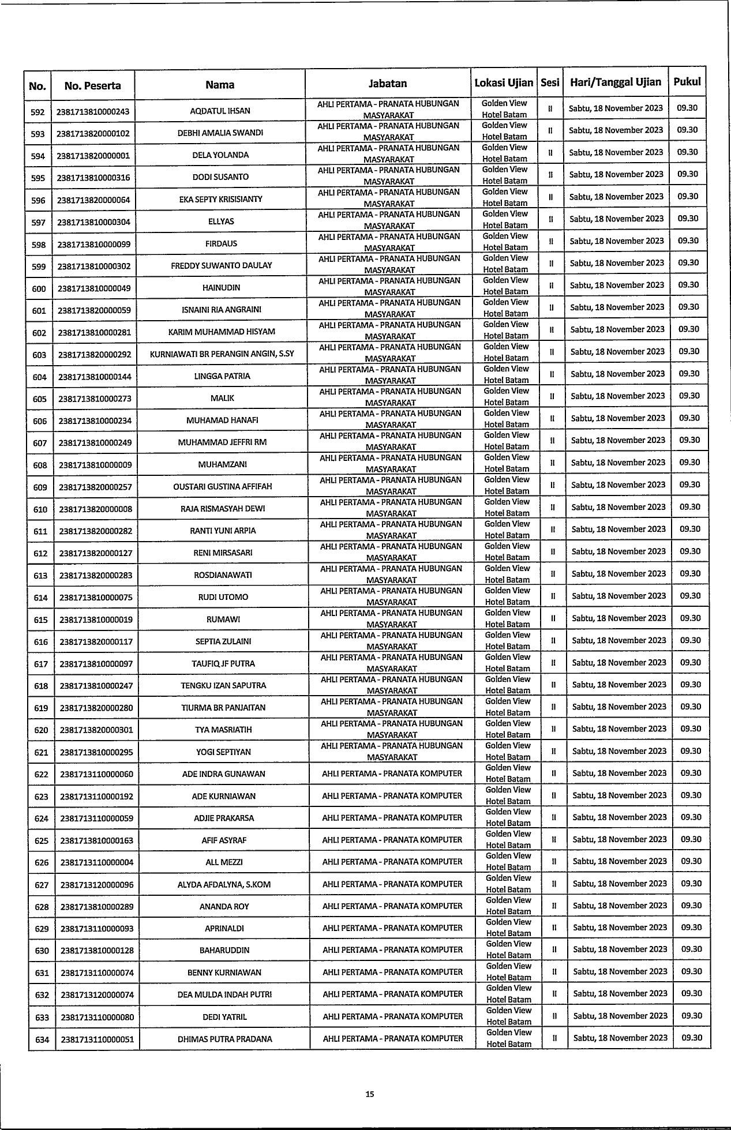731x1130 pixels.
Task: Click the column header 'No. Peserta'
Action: pos(93,86)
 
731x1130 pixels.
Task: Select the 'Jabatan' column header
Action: pos(388,84)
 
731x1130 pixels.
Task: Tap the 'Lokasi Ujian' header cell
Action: pos(504,83)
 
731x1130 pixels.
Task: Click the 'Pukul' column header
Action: pos(687,82)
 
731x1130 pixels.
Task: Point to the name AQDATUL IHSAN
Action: pos(220,111)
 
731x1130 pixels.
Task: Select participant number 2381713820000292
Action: pos(95,355)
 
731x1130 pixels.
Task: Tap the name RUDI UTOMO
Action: pos(223,597)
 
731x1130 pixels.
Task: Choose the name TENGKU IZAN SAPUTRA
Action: pos(223,686)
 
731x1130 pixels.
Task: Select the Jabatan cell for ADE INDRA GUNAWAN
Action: pos(392,774)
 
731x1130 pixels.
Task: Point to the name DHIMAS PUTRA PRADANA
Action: pos(225,1039)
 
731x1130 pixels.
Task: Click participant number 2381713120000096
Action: pos(97,885)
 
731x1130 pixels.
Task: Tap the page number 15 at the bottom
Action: pos(370,1094)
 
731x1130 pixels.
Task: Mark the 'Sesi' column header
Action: pos(550,83)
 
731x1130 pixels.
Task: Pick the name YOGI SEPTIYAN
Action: pos(223,752)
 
